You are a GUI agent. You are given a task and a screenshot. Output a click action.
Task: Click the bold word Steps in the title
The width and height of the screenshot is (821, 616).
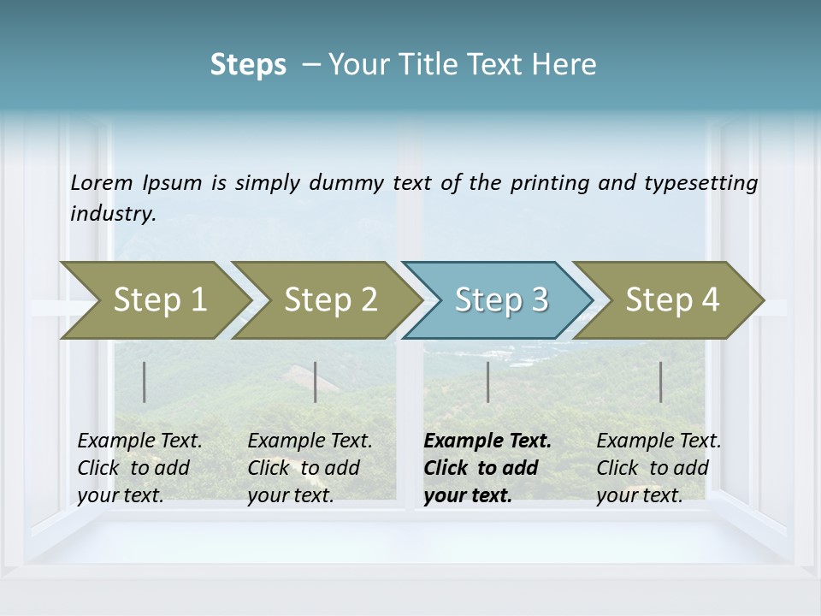[248, 65]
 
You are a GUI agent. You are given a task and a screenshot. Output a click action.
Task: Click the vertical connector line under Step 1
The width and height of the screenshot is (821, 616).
[145, 382]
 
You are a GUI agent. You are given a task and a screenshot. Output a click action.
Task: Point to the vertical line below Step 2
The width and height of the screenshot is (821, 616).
[316, 382]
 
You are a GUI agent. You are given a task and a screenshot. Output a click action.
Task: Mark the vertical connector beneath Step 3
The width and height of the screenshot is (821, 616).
[488, 382]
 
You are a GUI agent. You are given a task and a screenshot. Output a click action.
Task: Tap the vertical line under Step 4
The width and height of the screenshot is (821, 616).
[661, 382]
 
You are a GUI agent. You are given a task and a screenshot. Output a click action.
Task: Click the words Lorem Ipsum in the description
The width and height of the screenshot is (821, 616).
[136, 183]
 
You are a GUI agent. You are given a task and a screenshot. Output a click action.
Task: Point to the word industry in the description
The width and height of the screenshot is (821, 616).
[112, 214]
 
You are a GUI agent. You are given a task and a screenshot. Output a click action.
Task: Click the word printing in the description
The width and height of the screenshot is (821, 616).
[547, 183]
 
